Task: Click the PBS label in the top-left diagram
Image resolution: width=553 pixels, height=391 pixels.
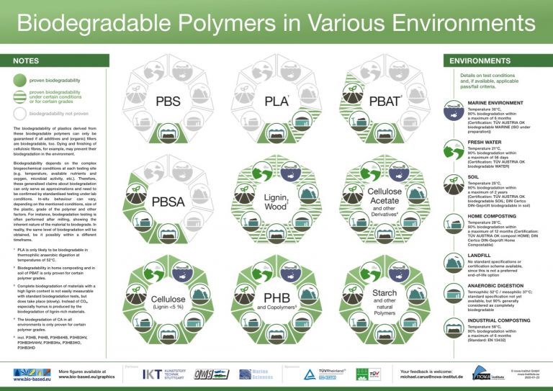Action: (x=168, y=102)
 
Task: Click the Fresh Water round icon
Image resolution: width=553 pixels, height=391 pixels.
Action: (x=454, y=151)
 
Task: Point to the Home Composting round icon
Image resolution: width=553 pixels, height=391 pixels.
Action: (x=454, y=223)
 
